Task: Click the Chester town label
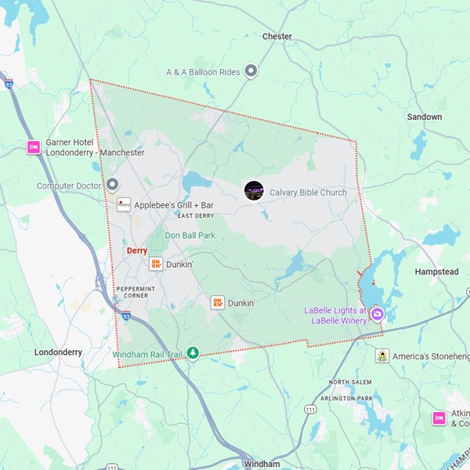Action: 277,36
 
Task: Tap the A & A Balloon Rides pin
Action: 251,71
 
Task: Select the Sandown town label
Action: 424,117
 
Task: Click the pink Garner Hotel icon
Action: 34,147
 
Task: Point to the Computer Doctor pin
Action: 112,185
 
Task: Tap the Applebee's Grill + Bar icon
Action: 124,204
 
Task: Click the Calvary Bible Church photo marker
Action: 254,191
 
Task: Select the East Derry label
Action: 195,216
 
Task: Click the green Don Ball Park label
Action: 190,235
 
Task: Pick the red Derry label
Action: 136,251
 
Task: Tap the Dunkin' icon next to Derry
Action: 156,265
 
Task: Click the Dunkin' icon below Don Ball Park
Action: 218,302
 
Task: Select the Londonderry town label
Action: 59,352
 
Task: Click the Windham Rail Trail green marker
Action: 193,354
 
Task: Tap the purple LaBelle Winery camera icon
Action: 378,315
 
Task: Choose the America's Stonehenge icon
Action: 381,356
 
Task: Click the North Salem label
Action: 349,382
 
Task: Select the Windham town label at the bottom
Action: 262,464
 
